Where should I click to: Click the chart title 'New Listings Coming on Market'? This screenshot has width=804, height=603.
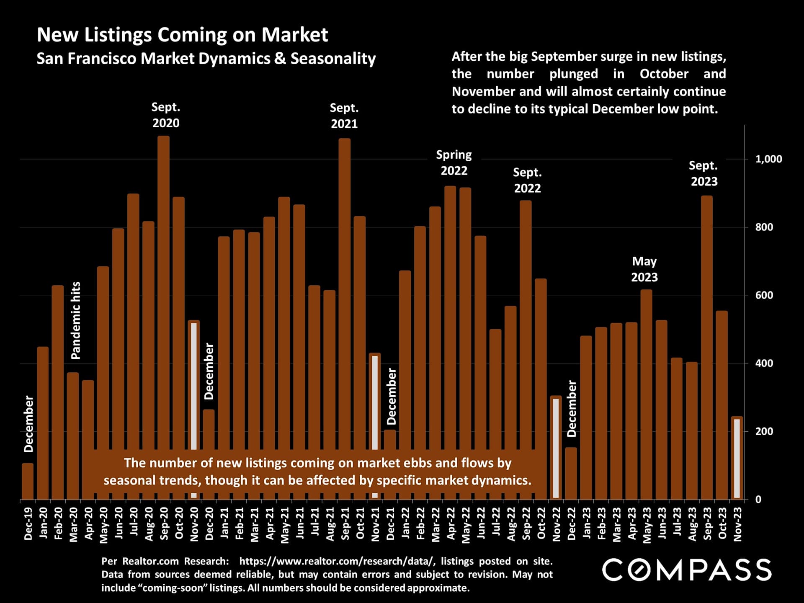[182, 35]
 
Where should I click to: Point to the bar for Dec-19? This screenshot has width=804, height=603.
[28, 482]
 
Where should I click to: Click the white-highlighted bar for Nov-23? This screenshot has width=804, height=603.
[737, 459]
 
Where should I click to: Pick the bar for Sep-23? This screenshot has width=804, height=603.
[707, 335]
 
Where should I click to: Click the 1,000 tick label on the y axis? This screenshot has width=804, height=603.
[768, 159]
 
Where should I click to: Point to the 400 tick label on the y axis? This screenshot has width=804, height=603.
[764, 363]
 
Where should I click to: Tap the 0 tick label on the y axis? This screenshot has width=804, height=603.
[758, 500]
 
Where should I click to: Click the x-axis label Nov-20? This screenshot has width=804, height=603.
[194, 524]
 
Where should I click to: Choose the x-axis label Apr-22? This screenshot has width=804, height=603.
[451, 524]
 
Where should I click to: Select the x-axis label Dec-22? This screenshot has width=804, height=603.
[572, 524]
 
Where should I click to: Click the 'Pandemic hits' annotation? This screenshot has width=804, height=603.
[76, 320]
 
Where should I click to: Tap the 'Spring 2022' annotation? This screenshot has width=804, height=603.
[454, 163]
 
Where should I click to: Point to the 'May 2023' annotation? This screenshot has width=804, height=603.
[644, 269]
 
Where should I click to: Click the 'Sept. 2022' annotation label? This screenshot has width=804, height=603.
[527, 180]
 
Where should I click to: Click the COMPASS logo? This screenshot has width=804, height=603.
[687, 570]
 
